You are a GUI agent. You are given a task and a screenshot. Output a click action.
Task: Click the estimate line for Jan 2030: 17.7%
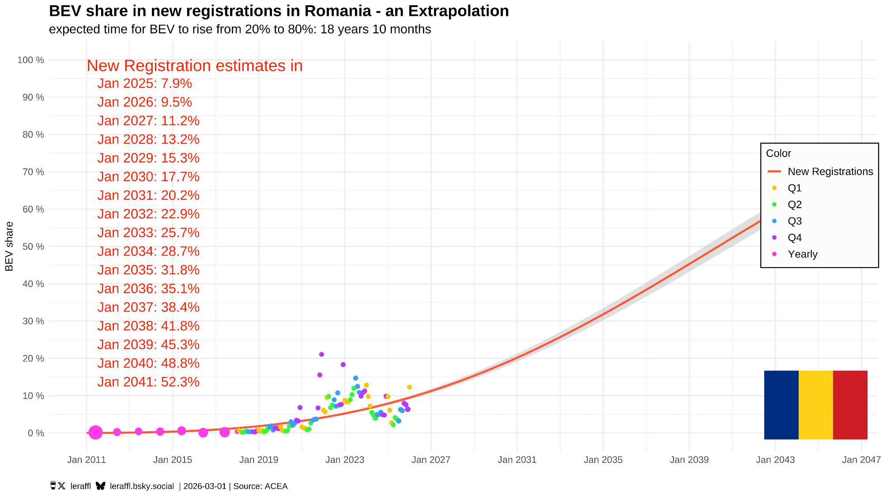pos(148,177)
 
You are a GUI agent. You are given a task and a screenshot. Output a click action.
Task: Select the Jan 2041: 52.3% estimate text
pos(148,382)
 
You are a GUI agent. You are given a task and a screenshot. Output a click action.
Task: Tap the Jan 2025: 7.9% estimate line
pos(144,83)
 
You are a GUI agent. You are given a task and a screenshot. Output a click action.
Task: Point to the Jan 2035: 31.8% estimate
pos(148,270)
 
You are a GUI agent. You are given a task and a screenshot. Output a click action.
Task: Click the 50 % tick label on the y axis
pos(33,246)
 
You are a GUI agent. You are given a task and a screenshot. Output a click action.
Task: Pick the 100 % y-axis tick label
pos(30,60)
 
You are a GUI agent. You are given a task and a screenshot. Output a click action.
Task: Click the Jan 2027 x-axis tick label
pos(430,460)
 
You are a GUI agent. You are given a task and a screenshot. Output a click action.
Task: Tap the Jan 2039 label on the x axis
pos(689,460)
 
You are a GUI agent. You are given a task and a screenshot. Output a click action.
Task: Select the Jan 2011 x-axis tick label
pos(87,460)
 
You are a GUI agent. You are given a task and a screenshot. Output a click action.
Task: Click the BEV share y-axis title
pos(9,246)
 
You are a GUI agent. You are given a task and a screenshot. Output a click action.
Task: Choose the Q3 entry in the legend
pos(795,221)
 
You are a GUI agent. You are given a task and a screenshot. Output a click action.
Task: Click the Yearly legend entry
pos(802,254)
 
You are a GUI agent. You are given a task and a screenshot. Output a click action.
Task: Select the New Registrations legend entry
pos(830,172)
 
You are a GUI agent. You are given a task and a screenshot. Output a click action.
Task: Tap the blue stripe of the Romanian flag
pos(781,405)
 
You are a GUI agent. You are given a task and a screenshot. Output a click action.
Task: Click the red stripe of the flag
pos(850,405)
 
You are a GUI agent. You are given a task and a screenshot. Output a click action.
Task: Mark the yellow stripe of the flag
pos(815,405)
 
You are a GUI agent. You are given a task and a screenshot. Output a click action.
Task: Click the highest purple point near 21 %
pos(321,354)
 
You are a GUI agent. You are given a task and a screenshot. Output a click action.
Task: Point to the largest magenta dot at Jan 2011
pos(95,433)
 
